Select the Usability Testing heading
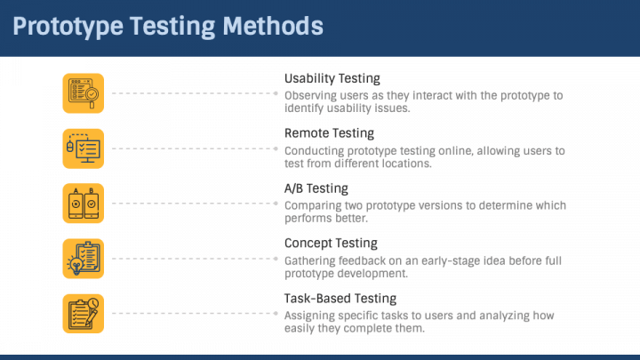pyautogui.click(x=332, y=78)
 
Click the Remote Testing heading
pyautogui.click(x=329, y=133)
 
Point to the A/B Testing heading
pyautogui.click(x=316, y=188)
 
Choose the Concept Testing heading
pyautogui.click(x=331, y=243)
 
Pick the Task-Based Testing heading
pyautogui.click(x=340, y=298)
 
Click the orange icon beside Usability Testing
pyautogui.click(x=84, y=92)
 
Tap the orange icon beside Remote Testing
pyautogui.click(x=84, y=148)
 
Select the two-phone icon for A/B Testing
pyautogui.click(x=84, y=203)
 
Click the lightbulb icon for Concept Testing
pyautogui.click(x=84, y=258)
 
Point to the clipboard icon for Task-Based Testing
pyautogui.click(x=84, y=313)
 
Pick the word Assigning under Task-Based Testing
pyautogui.click(x=312, y=316)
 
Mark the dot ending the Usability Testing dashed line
pyautogui.click(x=276, y=92)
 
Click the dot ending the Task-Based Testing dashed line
pyautogui.click(x=276, y=313)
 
